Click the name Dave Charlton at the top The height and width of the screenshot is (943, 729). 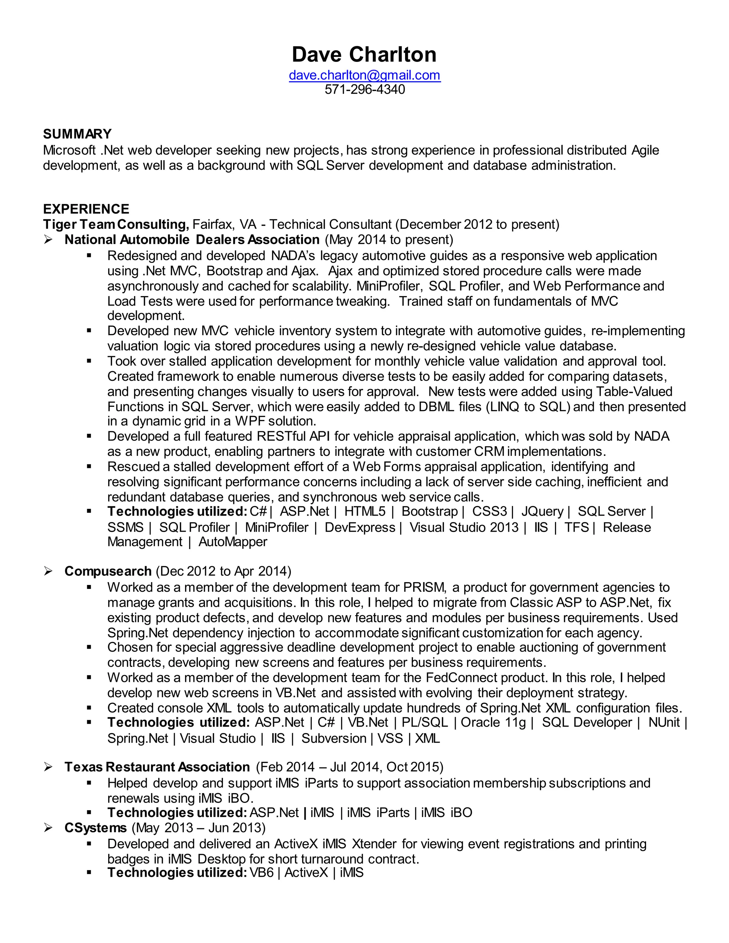point(364,55)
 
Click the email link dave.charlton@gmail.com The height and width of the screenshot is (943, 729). point(364,75)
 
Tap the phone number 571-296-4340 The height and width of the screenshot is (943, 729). point(364,89)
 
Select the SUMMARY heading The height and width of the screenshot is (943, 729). point(77,134)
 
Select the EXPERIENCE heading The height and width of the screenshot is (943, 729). point(86,209)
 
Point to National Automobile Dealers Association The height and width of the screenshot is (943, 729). point(192,239)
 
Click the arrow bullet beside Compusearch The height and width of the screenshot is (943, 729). point(48,571)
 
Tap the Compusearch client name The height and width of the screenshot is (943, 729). point(108,571)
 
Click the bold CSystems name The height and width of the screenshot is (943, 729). point(95,828)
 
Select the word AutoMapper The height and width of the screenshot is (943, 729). point(233,542)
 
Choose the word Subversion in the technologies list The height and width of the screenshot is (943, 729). point(334,738)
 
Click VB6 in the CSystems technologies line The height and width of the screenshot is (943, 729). point(262,873)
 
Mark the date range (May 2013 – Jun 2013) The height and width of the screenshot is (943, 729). point(199,828)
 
